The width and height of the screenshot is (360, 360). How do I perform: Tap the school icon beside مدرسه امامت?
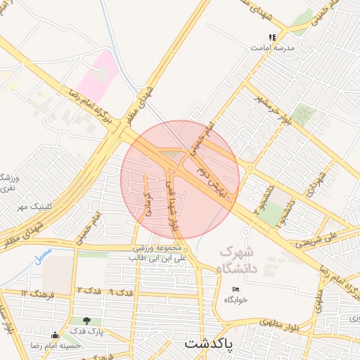pos(272,37)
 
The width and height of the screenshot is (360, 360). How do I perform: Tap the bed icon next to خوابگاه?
pos(236,289)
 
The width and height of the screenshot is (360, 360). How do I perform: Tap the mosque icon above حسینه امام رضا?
pos(56,335)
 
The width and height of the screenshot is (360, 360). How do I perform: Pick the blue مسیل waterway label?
pos(43,250)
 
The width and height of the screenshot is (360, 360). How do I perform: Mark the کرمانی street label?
pos(147,200)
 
